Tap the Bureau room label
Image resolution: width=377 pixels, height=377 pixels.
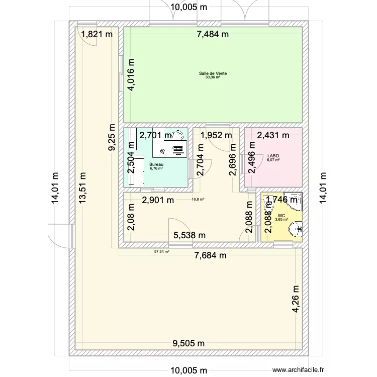pos(156,164)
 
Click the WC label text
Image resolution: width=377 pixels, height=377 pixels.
pos(280,215)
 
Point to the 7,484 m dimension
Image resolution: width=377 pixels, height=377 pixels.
pos(213,34)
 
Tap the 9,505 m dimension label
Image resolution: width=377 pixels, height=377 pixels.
pos(189,343)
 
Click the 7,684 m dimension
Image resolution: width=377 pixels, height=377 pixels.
pos(211,255)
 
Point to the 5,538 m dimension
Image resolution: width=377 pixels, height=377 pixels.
pos(190,235)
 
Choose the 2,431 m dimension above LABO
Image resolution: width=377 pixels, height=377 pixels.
pos(273,135)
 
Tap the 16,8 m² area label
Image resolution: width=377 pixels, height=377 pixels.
pos(198,199)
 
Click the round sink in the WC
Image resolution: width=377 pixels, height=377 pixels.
pos(297,229)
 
